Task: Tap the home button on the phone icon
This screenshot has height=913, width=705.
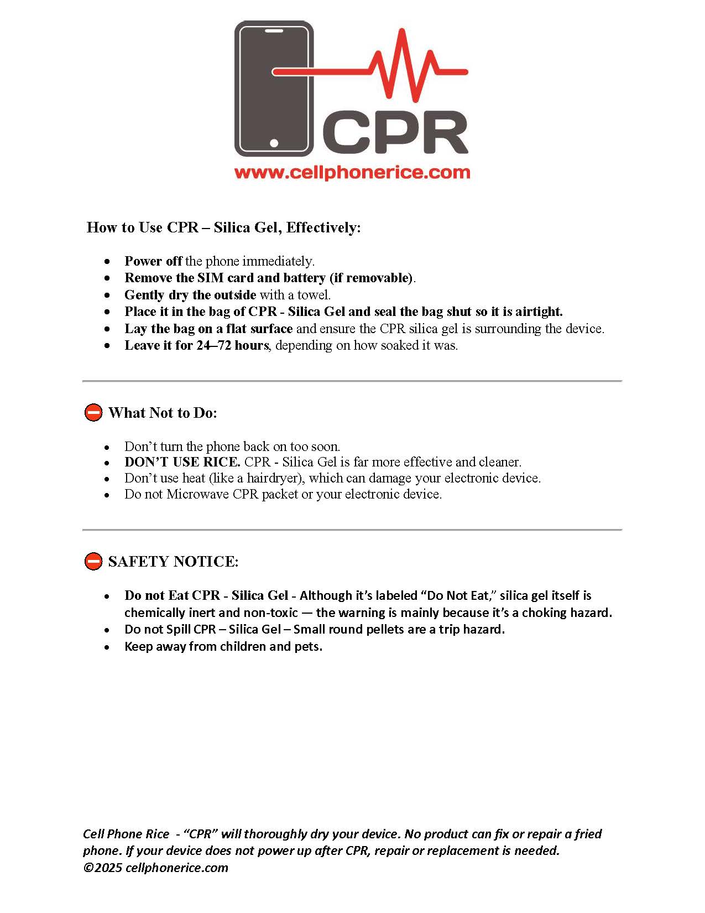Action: coord(274,143)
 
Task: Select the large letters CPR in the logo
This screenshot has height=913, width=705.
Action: coord(396,133)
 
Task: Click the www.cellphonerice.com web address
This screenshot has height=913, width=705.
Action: coord(352,172)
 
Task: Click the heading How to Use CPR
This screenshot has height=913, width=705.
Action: coord(223,227)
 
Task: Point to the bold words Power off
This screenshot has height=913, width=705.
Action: coord(153,261)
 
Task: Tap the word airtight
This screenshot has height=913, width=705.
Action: coord(539,312)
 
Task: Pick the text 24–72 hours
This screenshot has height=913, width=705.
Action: coord(232,345)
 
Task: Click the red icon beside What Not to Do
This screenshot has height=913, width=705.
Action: coord(93,412)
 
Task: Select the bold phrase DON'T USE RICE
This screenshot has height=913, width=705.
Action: coord(182,462)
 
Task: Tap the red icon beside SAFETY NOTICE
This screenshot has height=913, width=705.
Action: coord(93,561)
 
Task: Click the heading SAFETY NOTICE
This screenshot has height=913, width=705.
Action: coord(173,562)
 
